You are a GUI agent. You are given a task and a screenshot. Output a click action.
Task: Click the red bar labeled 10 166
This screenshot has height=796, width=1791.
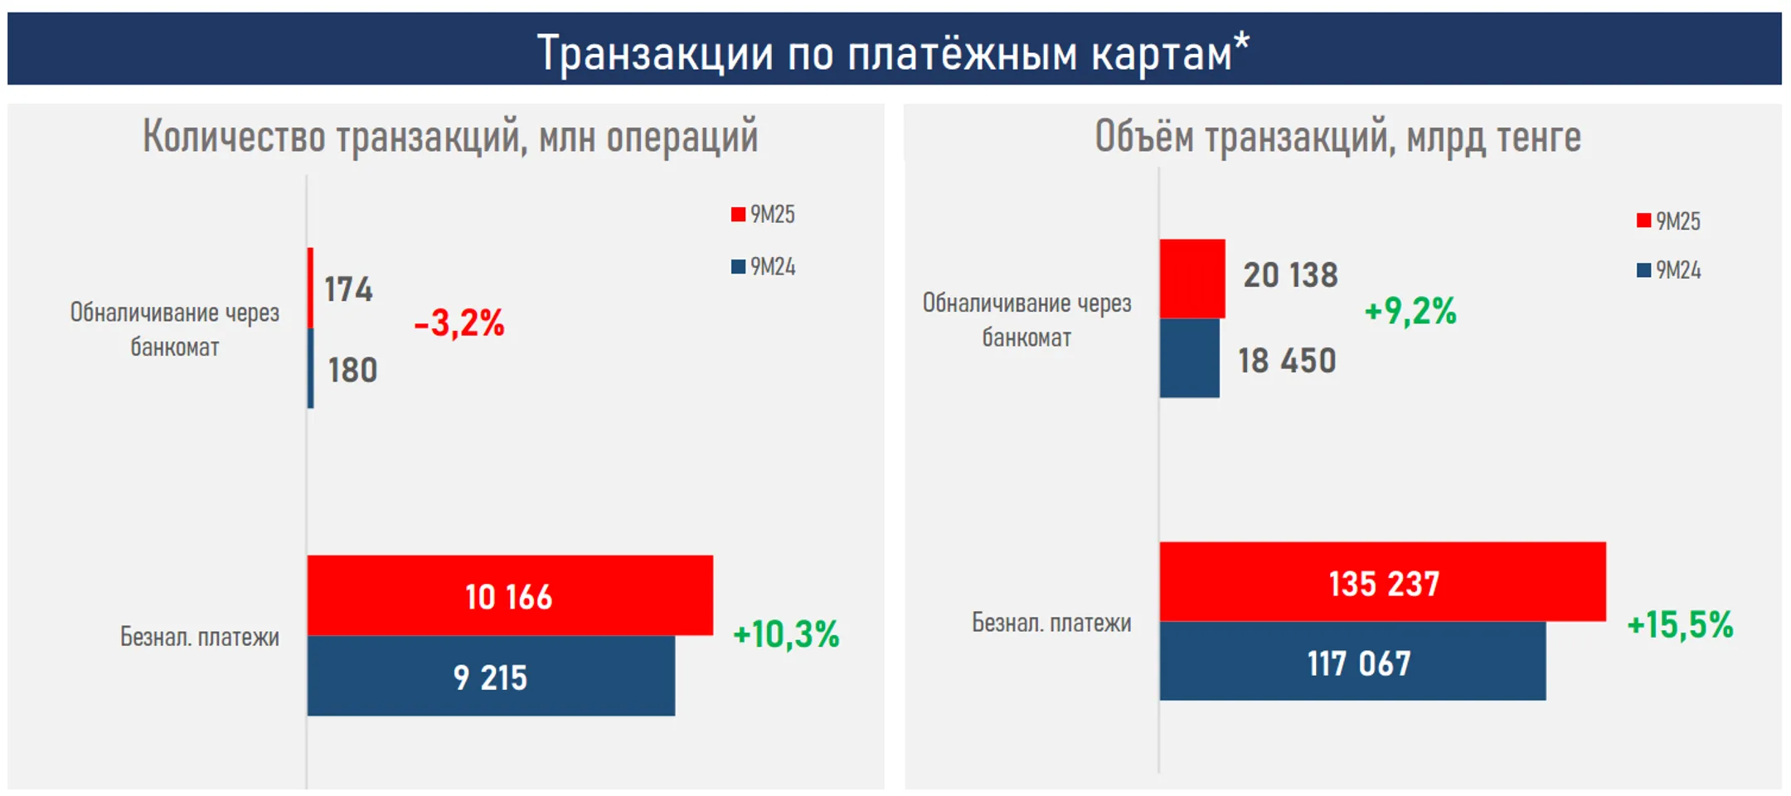coord(509,595)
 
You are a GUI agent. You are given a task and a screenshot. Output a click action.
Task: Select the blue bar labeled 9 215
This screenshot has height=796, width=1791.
coord(490,676)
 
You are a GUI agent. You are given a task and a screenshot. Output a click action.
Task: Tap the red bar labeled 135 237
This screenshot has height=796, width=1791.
coord(1382,582)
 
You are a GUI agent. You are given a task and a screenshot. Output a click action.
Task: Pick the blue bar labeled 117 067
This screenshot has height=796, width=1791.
coord(1352,662)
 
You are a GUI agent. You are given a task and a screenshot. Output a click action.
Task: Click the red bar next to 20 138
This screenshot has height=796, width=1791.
coord(1192,279)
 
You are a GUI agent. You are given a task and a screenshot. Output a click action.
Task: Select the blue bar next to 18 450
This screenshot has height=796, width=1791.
coord(1189,358)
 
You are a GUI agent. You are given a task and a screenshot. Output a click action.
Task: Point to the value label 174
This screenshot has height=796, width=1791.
coord(348,289)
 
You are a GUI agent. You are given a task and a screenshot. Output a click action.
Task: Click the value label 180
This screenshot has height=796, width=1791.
coord(352,370)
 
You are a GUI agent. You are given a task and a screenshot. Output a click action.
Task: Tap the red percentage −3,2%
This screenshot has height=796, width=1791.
coord(459,323)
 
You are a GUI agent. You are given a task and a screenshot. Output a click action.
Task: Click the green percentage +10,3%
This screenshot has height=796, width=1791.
coord(786,634)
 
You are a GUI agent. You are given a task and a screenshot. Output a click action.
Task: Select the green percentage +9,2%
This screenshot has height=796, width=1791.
coord(1410,311)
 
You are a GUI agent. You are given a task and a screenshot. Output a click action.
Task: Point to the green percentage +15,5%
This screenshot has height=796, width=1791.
coord(1680,624)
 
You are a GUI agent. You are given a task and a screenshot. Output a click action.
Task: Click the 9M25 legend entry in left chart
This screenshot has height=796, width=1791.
coord(763,215)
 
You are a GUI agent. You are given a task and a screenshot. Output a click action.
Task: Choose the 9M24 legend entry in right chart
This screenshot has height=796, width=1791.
coord(1668,270)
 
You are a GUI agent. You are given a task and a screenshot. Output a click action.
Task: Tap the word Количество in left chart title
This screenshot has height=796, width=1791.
coord(233,136)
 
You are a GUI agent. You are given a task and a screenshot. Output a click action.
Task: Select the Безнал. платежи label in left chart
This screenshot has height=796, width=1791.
coord(200,637)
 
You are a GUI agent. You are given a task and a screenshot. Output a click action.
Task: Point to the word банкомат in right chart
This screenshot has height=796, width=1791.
coord(1027,338)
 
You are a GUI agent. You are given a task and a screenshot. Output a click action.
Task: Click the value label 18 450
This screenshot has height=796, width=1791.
coord(1287,361)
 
